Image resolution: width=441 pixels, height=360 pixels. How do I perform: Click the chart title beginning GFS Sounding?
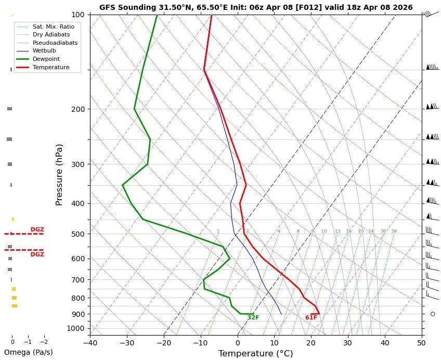[x=256, y=7]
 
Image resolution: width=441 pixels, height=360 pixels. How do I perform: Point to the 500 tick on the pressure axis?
[x=78, y=234]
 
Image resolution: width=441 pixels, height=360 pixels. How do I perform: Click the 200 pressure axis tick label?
[x=78, y=109]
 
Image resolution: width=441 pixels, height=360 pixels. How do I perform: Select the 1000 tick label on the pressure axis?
[x=76, y=328]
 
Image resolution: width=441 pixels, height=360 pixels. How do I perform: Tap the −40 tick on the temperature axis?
[x=90, y=343]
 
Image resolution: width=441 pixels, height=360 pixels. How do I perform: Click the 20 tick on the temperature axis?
[x=311, y=343]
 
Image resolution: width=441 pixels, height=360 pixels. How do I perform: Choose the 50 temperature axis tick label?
[x=422, y=343]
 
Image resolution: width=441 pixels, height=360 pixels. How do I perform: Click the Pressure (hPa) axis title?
[x=59, y=174]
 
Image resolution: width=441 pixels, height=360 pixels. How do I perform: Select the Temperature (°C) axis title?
[x=255, y=354]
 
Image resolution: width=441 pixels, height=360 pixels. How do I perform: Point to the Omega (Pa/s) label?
[x=28, y=352]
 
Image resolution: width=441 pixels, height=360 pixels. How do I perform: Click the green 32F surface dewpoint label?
[x=253, y=318]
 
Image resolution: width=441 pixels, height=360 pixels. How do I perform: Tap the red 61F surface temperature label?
[x=311, y=318]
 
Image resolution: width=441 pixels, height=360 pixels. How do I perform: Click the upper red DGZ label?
[x=37, y=229]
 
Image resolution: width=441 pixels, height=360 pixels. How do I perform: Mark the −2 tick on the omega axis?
[x=44, y=342]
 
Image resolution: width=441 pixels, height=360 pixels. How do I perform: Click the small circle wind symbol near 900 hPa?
[x=433, y=314]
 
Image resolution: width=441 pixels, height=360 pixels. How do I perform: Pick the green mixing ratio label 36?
[x=394, y=231]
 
